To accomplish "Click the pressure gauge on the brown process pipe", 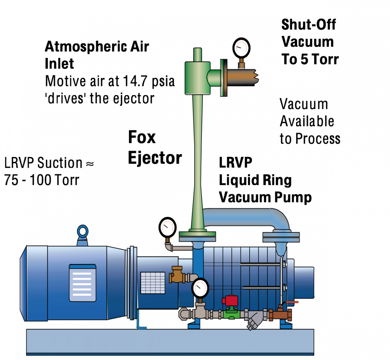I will (x=241, y=48).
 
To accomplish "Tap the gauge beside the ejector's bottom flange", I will (x=168, y=227).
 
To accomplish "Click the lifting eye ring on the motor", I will (x=83, y=232).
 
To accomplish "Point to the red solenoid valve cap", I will (x=231, y=300).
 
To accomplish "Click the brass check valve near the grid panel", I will (x=177, y=275).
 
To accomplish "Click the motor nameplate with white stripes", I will (x=83, y=282).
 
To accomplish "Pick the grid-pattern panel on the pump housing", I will (x=153, y=282).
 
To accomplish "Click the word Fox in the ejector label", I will (x=142, y=137).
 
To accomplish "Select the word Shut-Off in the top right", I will (x=308, y=25).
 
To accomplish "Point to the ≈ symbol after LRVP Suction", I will (x=90, y=164).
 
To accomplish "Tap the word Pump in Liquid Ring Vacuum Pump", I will (x=293, y=197).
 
